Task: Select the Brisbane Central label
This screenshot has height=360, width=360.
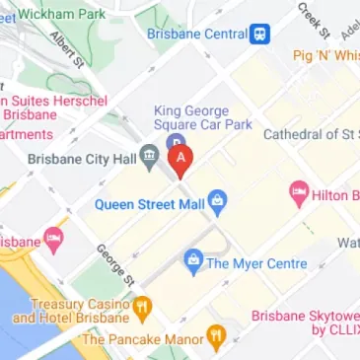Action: click(196, 34)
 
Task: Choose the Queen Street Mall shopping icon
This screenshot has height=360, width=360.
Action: click(220, 204)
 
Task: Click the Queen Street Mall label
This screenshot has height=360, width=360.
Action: click(149, 204)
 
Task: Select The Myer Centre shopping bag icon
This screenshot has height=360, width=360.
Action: click(192, 262)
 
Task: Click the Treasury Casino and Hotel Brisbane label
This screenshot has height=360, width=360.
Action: click(67, 311)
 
